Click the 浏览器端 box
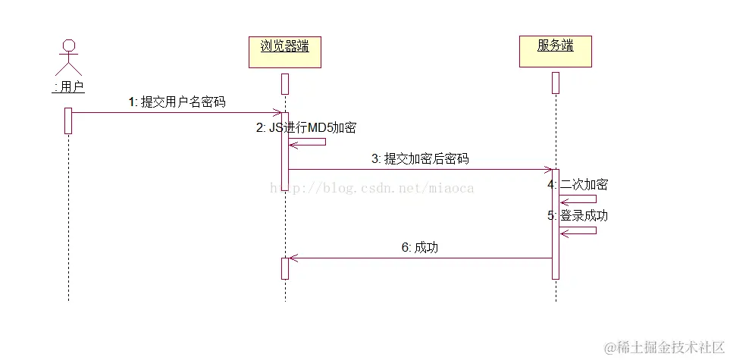coord(285,51)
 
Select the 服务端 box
coord(555,51)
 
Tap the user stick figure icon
coord(69,57)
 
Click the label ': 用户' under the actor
coord(68,87)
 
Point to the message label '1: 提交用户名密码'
coord(177,102)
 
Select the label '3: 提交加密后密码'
coord(420,158)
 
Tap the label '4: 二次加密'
coord(577,184)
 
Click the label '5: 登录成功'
coord(577,215)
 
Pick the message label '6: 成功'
coord(420,247)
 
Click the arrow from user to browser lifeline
coord(176,113)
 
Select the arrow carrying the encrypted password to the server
coord(420,170)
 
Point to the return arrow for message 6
coord(420,258)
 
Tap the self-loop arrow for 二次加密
coord(580,199)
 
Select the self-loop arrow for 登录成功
coord(580,230)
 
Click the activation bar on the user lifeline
coord(68,121)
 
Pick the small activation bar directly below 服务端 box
coord(555,83)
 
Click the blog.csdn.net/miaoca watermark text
coord(371,187)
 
